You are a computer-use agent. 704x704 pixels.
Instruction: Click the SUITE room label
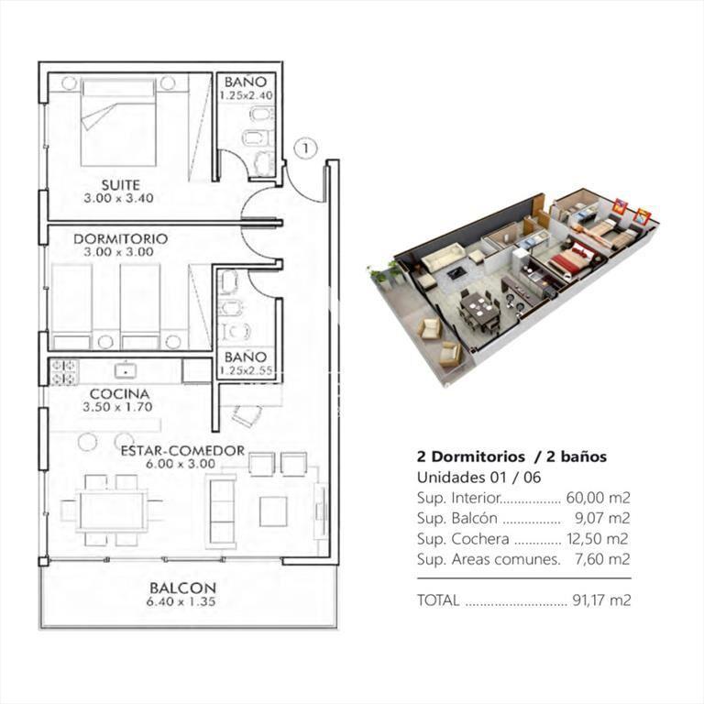pyautogui.click(x=120, y=185)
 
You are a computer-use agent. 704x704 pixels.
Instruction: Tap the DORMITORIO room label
pyautogui.click(x=120, y=239)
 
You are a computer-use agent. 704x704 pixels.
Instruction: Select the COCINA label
pyautogui.click(x=119, y=394)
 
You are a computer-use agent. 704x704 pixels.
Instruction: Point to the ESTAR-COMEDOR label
pyautogui.click(x=182, y=450)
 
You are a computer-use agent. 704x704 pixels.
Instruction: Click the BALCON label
pyautogui.click(x=182, y=588)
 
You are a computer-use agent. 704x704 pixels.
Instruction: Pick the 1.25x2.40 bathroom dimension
pyautogui.click(x=246, y=95)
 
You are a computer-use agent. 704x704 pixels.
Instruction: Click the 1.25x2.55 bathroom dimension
pyautogui.click(x=246, y=371)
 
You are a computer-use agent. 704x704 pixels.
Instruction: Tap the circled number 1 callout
pyautogui.click(x=306, y=148)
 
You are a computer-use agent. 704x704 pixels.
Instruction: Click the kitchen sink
pyautogui.click(x=126, y=370)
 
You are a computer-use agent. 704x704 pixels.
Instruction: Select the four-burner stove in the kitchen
pyautogui.click(x=64, y=372)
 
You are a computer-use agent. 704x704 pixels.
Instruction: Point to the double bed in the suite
pyautogui.click(x=118, y=123)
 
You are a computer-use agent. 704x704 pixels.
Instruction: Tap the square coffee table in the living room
pyautogui.click(x=273, y=511)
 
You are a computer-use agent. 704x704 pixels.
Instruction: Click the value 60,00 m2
pyautogui.click(x=598, y=498)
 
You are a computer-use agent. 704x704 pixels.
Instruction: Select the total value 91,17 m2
pyautogui.click(x=601, y=600)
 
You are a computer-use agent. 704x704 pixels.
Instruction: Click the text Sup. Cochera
pyautogui.click(x=463, y=539)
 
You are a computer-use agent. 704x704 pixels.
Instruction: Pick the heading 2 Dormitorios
pyautogui.click(x=471, y=456)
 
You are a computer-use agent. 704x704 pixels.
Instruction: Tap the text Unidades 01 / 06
pyautogui.click(x=479, y=477)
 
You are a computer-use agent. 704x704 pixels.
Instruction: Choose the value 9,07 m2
pyautogui.click(x=602, y=518)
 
